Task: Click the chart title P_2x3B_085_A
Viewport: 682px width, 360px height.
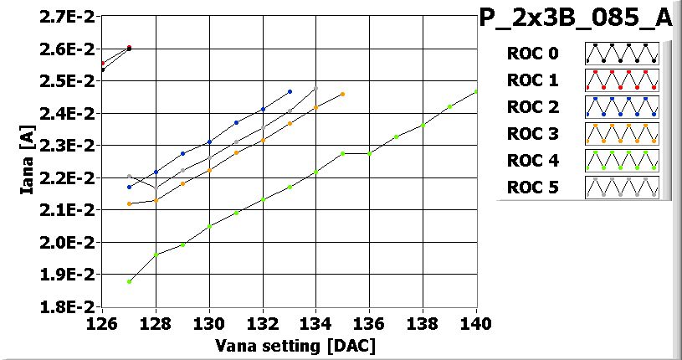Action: [x=575, y=18]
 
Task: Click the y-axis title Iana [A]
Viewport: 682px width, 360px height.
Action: [x=27, y=162]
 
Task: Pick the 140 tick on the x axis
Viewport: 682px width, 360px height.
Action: [x=476, y=321]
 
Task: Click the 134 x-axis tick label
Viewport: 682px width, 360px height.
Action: [x=316, y=321]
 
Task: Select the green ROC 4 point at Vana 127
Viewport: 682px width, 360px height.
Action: [x=129, y=281]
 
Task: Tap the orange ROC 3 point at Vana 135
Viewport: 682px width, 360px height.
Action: [x=343, y=94]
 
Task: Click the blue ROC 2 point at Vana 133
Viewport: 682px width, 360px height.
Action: [x=290, y=91]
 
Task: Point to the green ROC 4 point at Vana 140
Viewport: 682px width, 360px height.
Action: [x=476, y=91]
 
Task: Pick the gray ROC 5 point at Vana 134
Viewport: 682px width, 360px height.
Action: [x=316, y=88]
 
